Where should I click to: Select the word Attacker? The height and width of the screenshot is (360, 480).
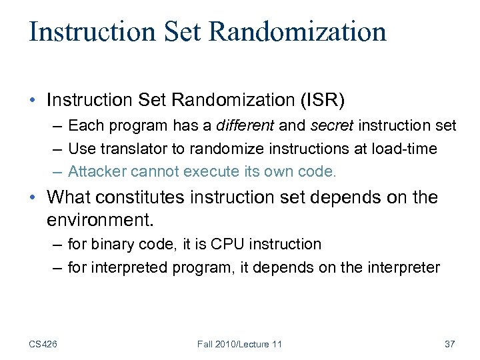(x=97, y=172)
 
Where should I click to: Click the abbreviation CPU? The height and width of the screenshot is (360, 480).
(x=227, y=245)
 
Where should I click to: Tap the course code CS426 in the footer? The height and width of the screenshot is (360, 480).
(x=43, y=344)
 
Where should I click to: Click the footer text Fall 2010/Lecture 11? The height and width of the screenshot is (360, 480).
(x=239, y=344)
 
